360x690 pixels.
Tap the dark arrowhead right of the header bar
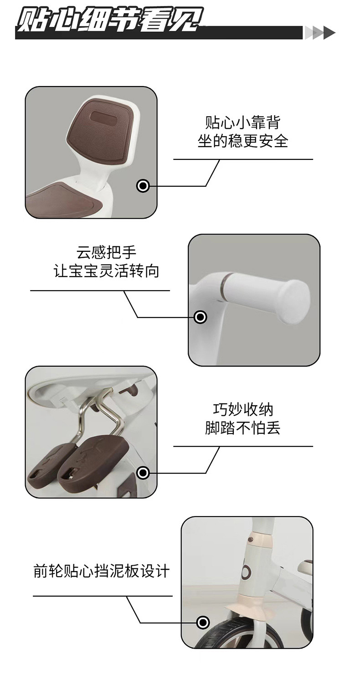[329, 33]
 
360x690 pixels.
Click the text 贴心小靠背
[243, 123]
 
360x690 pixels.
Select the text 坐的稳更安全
[243, 141]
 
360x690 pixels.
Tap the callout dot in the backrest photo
[143, 186]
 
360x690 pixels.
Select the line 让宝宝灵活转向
[106, 271]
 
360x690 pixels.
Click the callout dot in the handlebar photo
[201, 317]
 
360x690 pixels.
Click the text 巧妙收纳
[243, 409]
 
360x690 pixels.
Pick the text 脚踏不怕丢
[243, 428]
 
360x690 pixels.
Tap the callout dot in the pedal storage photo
[143, 473]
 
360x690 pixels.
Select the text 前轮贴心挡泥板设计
[102, 571]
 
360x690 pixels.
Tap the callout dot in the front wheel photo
[203, 623]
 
